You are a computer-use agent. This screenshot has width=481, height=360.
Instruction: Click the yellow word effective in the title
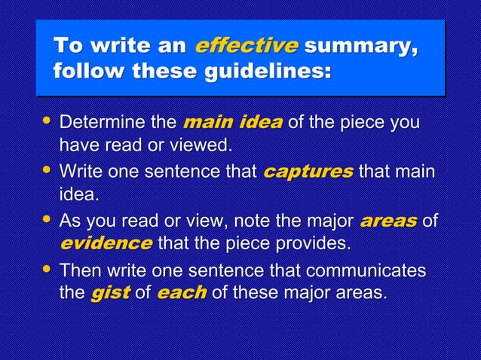(x=246, y=46)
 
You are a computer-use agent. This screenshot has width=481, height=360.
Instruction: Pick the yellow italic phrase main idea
(x=233, y=122)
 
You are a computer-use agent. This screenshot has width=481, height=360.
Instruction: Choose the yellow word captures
(x=308, y=172)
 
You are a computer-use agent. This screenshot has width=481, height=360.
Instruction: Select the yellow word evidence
(x=106, y=243)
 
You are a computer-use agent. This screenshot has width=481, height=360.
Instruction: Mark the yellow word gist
(x=109, y=292)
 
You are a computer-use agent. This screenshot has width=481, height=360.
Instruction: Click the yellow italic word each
(x=182, y=292)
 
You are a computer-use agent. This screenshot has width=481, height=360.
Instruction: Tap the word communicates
(x=354, y=270)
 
